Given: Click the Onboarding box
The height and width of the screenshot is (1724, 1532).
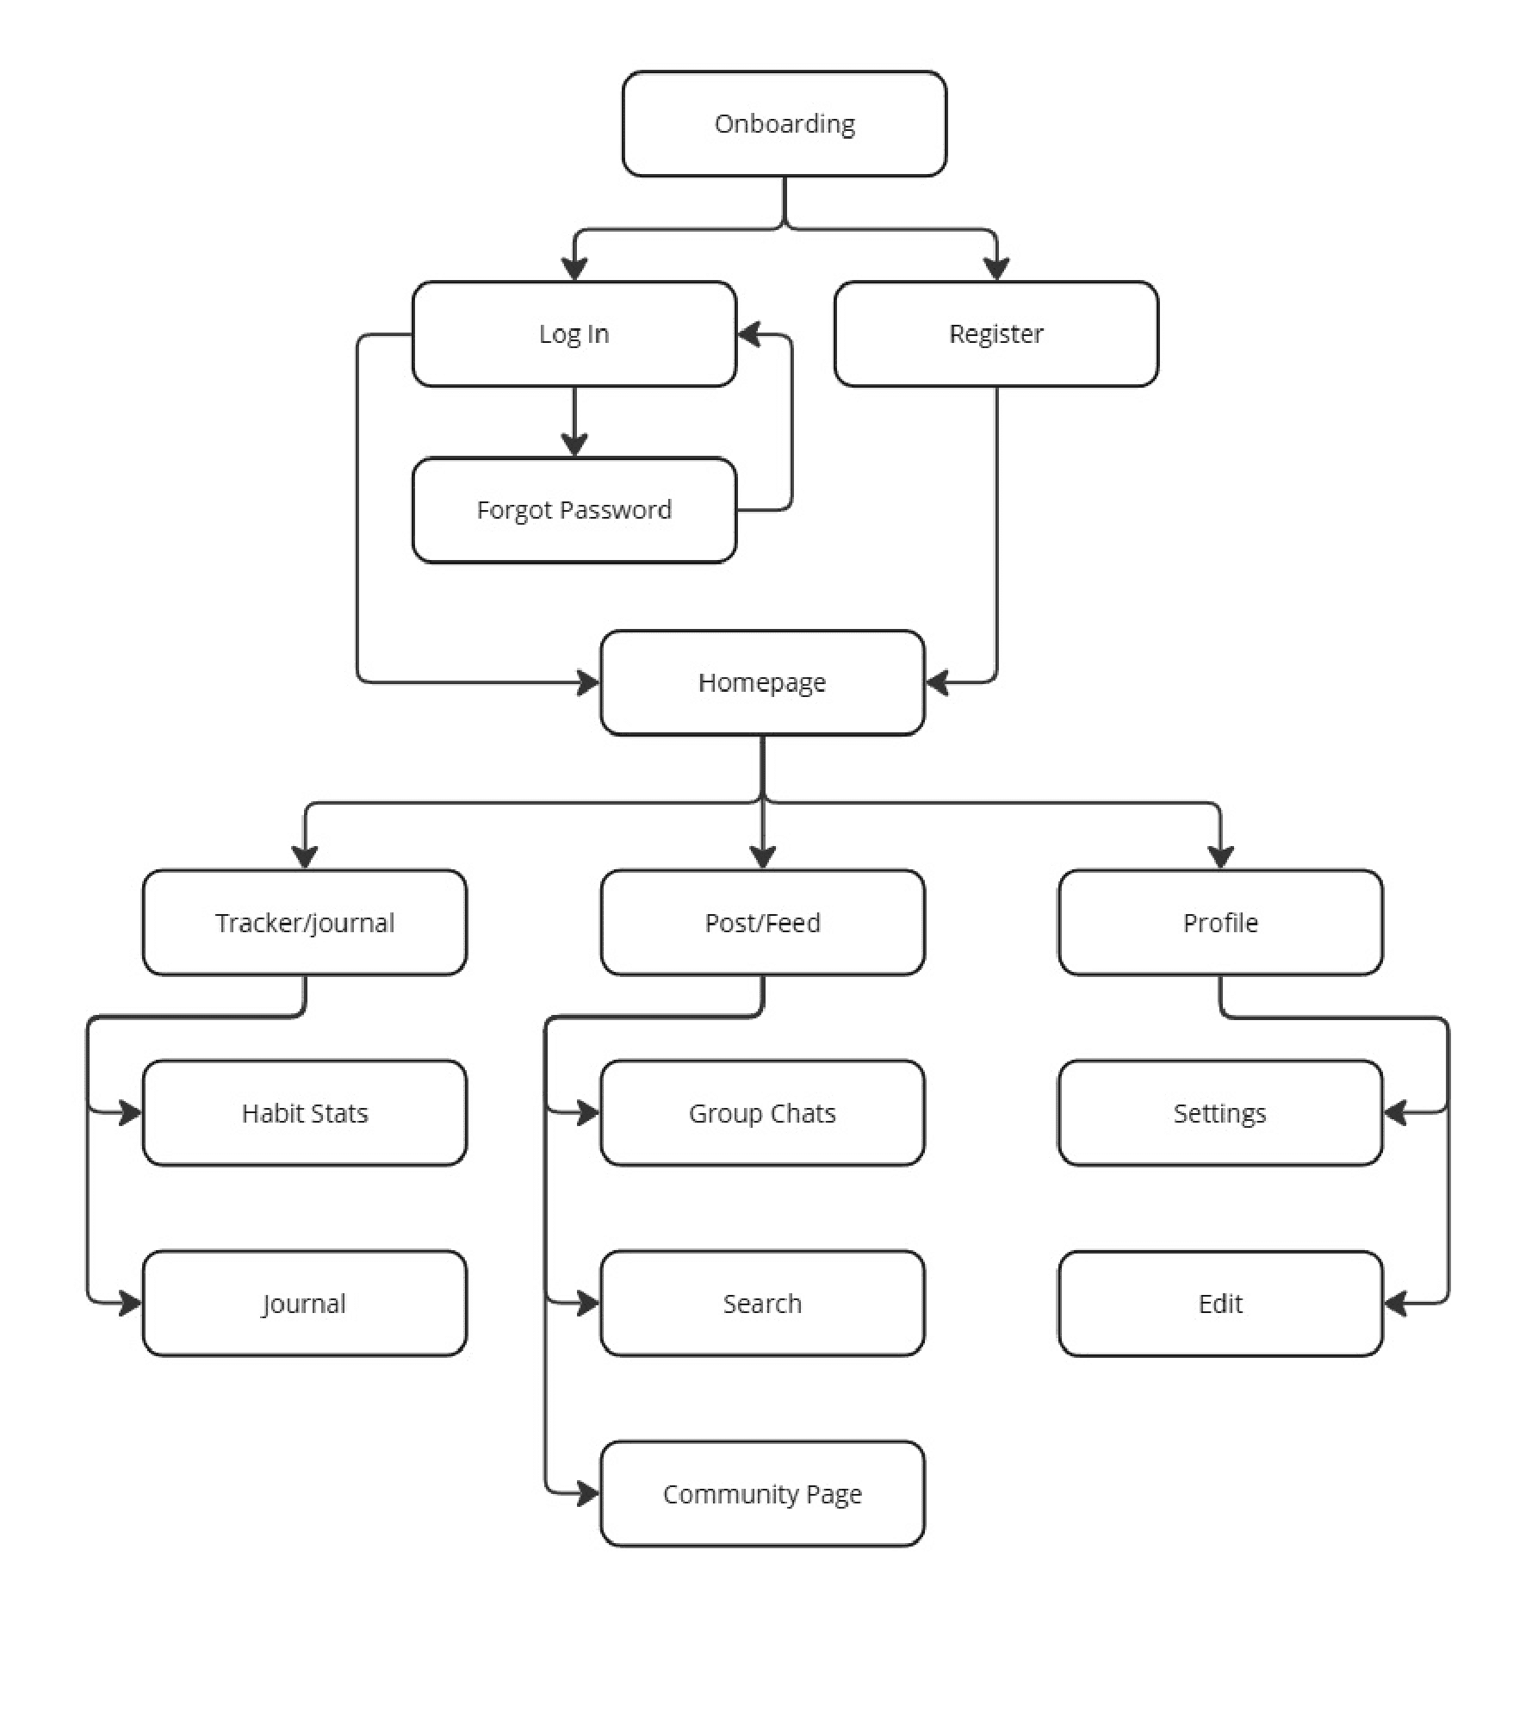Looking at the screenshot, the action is [x=784, y=124].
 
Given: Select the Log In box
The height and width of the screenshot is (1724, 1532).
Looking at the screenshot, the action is [x=574, y=333].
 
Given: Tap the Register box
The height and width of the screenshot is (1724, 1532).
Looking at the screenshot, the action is [x=995, y=333].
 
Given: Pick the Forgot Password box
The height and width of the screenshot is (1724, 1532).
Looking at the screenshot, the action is [x=574, y=510].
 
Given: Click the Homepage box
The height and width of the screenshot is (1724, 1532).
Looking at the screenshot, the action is [x=762, y=682].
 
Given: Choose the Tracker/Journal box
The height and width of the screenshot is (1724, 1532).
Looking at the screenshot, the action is [x=304, y=922].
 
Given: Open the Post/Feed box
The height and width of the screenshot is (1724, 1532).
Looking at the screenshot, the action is [x=762, y=922].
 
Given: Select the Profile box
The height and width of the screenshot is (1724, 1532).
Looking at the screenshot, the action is [x=1220, y=922].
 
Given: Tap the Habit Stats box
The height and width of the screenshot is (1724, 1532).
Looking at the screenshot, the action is [x=304, y=1112].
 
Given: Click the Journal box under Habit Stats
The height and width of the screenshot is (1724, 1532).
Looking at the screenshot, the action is [x=304, y=1303].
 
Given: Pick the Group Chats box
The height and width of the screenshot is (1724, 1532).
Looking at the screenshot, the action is [x=762, y=1112].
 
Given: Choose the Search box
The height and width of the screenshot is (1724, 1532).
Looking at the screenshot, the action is [x=762, y=1303].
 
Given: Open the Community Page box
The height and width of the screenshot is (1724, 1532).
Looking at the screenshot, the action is [x=762, y=1493].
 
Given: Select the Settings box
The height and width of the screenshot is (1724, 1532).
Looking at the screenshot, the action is [x=1220, y=1112].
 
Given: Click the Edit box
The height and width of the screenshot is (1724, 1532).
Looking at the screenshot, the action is [x=1220, y=1303].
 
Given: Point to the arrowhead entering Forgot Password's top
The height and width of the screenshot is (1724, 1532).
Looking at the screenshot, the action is [x=574, y=445].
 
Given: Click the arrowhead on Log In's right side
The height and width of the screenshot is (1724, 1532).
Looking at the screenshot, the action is [x=749, y=334].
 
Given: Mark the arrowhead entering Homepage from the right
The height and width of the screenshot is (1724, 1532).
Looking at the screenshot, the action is [x=938, y=682].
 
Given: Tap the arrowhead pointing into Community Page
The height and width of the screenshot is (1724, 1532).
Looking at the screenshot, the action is [x=587, y=1493].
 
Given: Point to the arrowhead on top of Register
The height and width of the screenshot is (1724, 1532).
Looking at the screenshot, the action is [x=996, y=269].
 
